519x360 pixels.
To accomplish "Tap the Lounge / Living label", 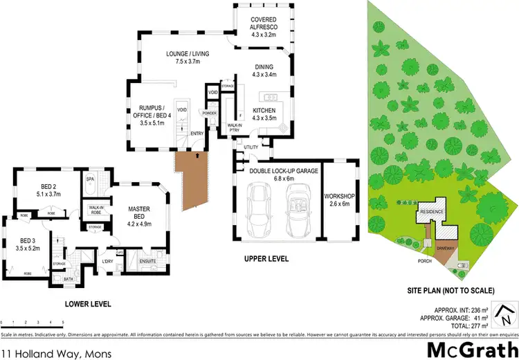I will (x=188, y=57).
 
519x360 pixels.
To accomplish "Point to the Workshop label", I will (x=339, y=201).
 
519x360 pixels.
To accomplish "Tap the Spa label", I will (x=89, y=179).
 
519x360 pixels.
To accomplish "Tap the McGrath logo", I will (x=472, y=348).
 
